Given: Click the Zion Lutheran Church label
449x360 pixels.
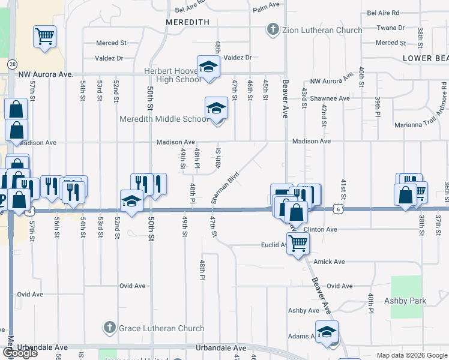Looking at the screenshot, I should click(322, 30).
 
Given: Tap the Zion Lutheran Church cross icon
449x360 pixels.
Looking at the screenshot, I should click(272, 29).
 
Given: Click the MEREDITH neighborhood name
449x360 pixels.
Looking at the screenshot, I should click(187, 22).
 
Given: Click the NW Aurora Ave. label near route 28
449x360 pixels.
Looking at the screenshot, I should click(46, 74).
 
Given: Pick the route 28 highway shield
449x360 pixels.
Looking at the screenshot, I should click(12, 64).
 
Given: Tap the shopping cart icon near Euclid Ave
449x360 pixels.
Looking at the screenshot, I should click(297, 244).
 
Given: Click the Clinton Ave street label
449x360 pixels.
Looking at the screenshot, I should click(321, 229).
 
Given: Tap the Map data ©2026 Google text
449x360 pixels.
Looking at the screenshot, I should click(412, 355).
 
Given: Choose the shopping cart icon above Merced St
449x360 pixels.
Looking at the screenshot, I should click(44, 37).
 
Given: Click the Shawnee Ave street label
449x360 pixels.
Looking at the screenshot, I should click(329, 98).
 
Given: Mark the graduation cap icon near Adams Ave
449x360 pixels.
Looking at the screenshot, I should click(327, 332).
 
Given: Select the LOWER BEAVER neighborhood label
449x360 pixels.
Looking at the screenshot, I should click(426, 58).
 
